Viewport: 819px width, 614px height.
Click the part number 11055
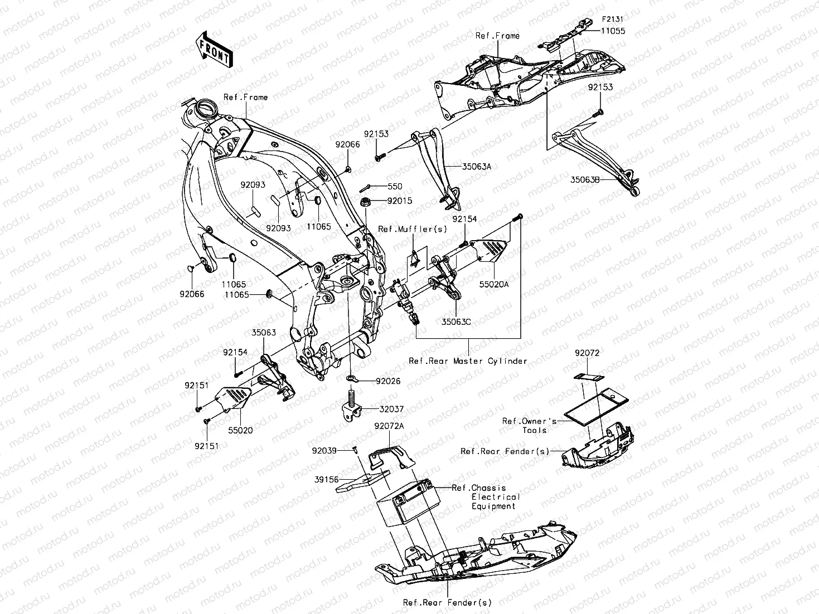click(x=613, y=31)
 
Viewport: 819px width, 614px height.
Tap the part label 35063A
click(x=476, y=166)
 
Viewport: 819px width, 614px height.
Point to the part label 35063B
click(x=585, y=179)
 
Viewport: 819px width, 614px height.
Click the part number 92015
click(x=399, y=201)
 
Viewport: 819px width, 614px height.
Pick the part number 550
click(x=395, y=187)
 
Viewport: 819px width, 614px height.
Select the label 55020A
click(x=494, y=284)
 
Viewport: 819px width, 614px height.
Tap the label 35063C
click(x=456, y=321)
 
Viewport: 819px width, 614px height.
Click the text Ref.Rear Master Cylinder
click(x=468, y=361)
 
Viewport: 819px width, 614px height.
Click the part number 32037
click(x=392, y=408)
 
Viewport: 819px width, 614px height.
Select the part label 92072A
click(x=389, y=426)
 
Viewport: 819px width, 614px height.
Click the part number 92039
click(x=324, y=450)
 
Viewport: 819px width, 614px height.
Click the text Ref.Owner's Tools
click(x=529, y=426)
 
